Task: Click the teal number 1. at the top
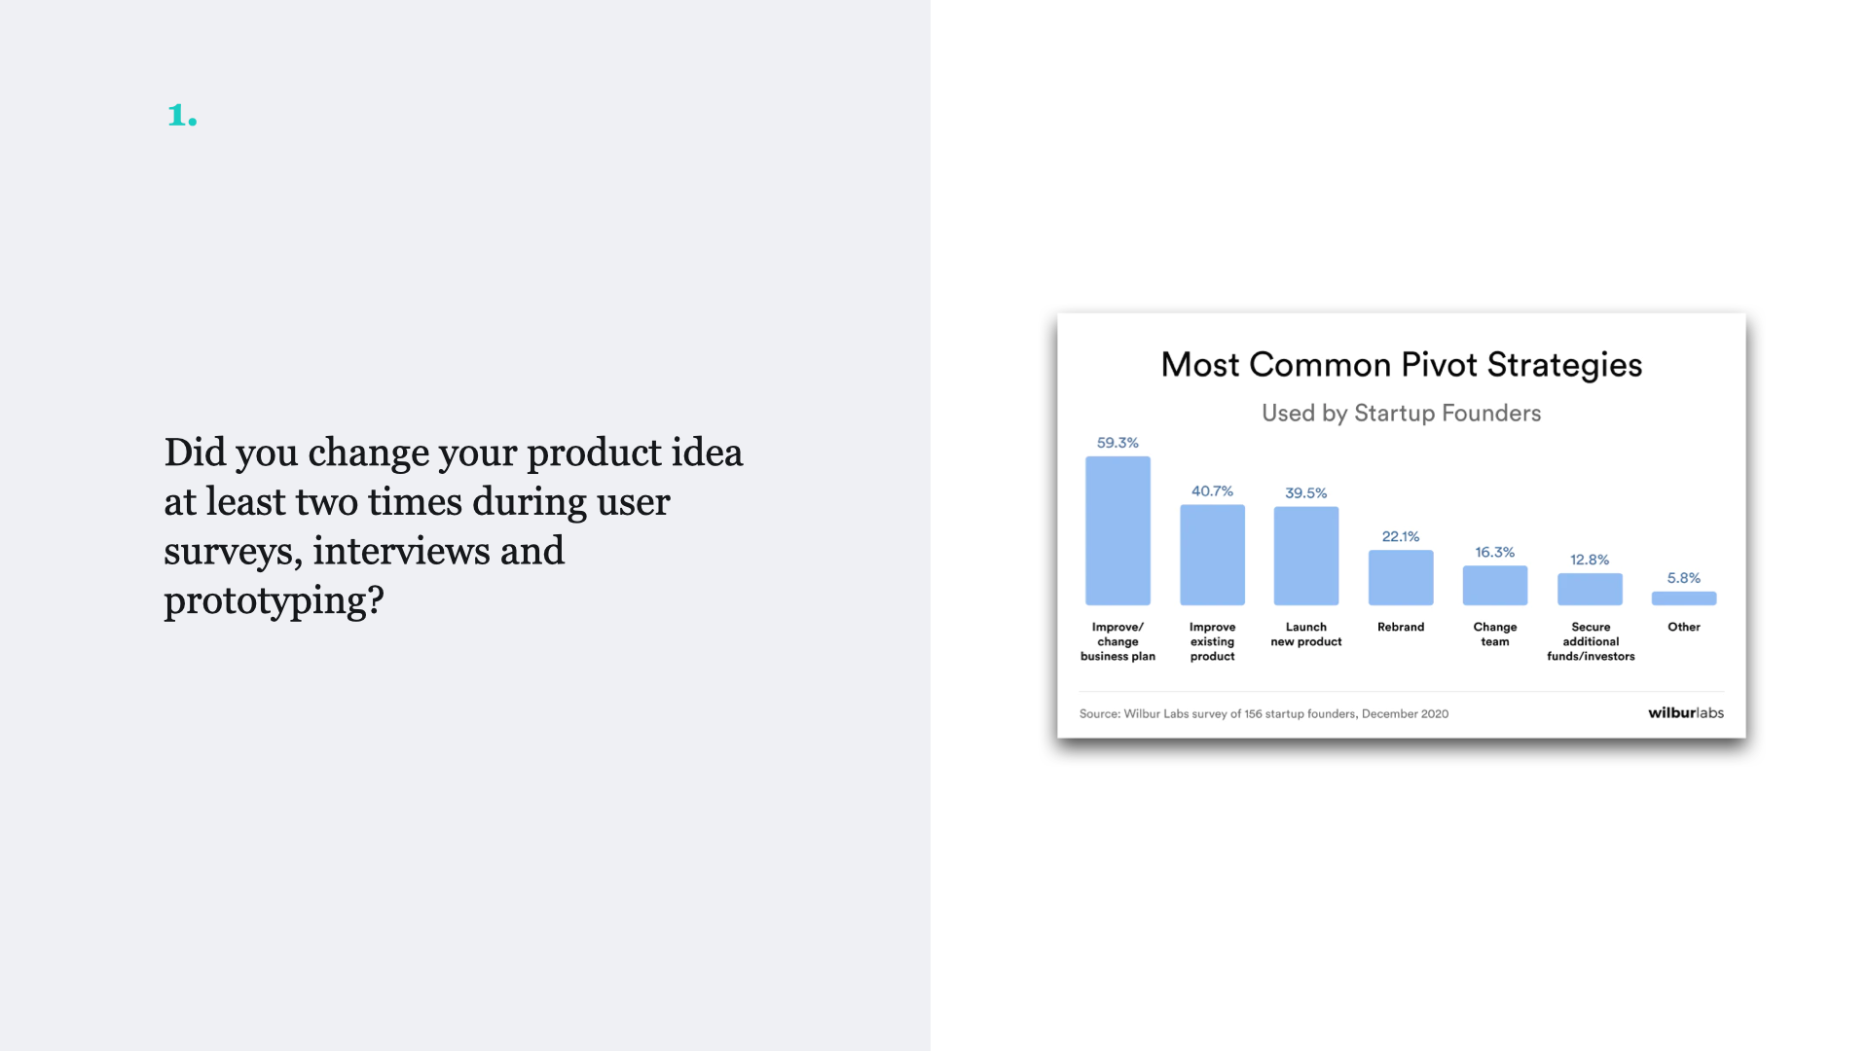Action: click(182, 115)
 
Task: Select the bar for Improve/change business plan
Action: click(1118, 530)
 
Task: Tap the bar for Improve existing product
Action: click(1212, 555)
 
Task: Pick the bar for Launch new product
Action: click(1306, 556)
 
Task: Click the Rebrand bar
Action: click(1401, 577)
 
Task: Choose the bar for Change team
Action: click(1495, 585)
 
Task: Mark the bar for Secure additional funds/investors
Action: click(1590, 589)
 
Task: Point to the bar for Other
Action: click(1684, 598)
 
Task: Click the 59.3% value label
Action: click(1118, 443)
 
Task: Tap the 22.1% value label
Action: click(1401, 536)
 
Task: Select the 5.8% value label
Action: click(1684, 578)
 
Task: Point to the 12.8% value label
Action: click(1590, 560)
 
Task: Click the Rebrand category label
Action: click(1401, 627)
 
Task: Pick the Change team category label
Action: click(1495, 634)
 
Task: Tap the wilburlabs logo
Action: click(1686, 712)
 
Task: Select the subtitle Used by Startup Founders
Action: click(1402, 413)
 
